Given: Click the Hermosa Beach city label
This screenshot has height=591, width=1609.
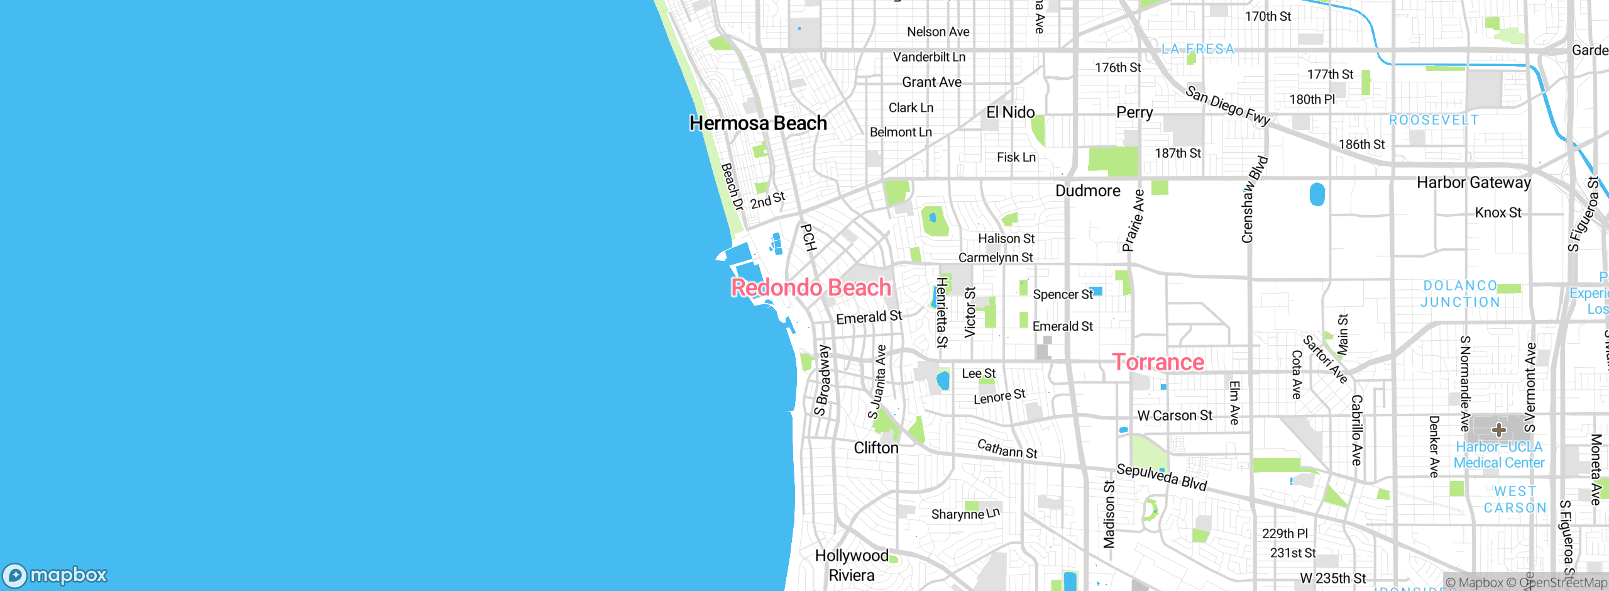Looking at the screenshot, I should pos(758,123).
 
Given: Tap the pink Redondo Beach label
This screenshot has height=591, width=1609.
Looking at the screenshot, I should pos(811,288).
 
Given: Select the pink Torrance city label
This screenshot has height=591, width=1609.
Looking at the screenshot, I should pos(1158,362).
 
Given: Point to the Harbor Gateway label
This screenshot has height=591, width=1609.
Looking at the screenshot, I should pos(1473,183).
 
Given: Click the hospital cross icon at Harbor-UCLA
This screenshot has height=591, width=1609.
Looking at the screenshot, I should pos(1499,430).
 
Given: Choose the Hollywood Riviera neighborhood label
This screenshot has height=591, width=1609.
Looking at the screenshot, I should pos(852,565).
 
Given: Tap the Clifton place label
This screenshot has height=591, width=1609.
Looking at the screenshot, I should pos(876,448).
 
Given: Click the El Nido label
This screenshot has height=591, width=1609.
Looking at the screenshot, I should pos(1010,113).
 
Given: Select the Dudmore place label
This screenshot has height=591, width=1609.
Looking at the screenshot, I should pos(1087,191).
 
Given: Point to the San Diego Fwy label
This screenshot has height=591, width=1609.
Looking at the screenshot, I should pos(1227,106).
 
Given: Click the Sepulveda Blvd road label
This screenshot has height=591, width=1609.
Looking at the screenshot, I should pos(1161,477).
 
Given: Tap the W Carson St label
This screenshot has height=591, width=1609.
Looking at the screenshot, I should pos(1175,416).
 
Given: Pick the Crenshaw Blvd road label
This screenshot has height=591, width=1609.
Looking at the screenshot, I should pos(1254,199).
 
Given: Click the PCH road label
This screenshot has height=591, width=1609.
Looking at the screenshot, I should pos(808,238).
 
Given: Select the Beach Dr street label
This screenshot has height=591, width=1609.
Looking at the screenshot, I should pos(732,187).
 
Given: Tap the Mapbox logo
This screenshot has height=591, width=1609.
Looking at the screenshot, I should pos(55,575).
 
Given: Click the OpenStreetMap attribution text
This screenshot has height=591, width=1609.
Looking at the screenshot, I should pos(1562,583).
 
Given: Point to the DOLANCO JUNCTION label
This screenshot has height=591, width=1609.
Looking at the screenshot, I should pos(1460,294).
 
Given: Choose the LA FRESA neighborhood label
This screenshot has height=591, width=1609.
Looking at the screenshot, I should pos(1198,49).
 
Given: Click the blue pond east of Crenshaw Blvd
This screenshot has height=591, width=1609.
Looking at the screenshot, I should pos(1317,194).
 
